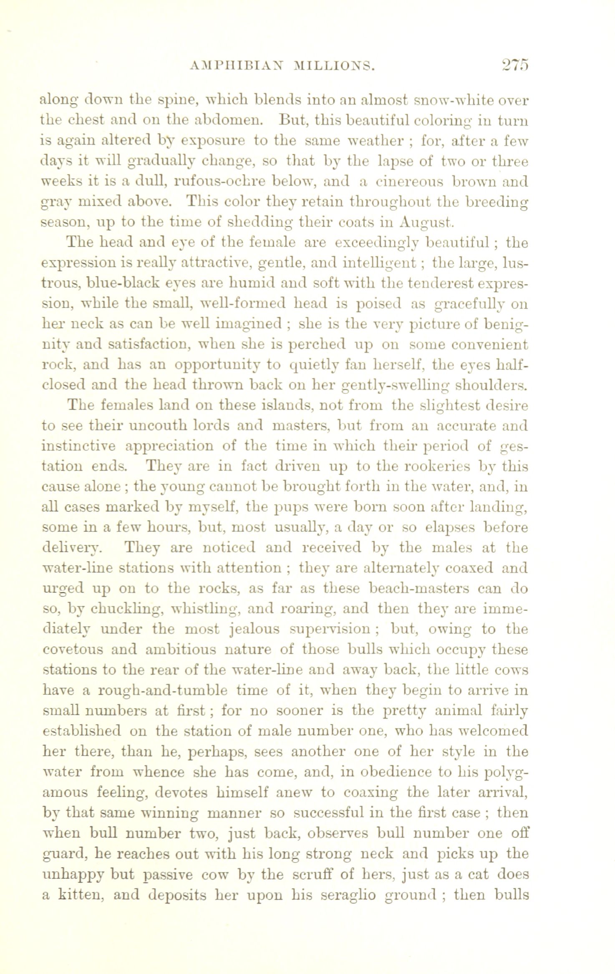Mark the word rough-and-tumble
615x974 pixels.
(162, 690)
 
